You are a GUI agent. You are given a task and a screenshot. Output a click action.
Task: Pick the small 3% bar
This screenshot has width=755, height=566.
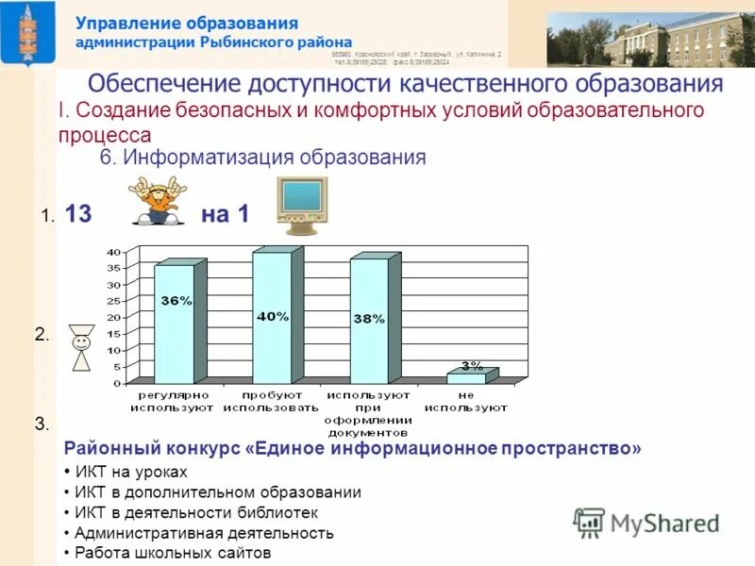(466, 377)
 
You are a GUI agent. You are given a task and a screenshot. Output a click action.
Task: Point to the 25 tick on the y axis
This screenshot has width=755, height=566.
(112, 301)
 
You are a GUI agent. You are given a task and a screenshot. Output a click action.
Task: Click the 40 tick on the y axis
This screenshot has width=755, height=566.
(112, 252)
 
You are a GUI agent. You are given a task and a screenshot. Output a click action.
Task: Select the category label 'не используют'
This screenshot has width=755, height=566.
(465, 402)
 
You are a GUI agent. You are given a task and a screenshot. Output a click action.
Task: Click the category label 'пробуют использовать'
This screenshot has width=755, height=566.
(271, 402)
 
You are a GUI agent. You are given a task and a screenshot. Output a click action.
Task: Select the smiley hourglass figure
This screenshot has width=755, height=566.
(82, 348)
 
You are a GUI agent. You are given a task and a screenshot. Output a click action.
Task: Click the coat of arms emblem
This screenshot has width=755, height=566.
(25, 33)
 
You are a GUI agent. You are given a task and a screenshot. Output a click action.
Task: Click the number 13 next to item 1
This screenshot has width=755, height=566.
(78, 214)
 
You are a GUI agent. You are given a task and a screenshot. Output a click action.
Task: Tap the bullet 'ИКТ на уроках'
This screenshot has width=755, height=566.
(131, 472)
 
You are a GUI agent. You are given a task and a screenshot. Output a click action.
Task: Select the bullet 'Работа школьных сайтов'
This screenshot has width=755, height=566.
(173, 554)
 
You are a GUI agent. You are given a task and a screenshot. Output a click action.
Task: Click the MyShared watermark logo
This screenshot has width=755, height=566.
(646, 523)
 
